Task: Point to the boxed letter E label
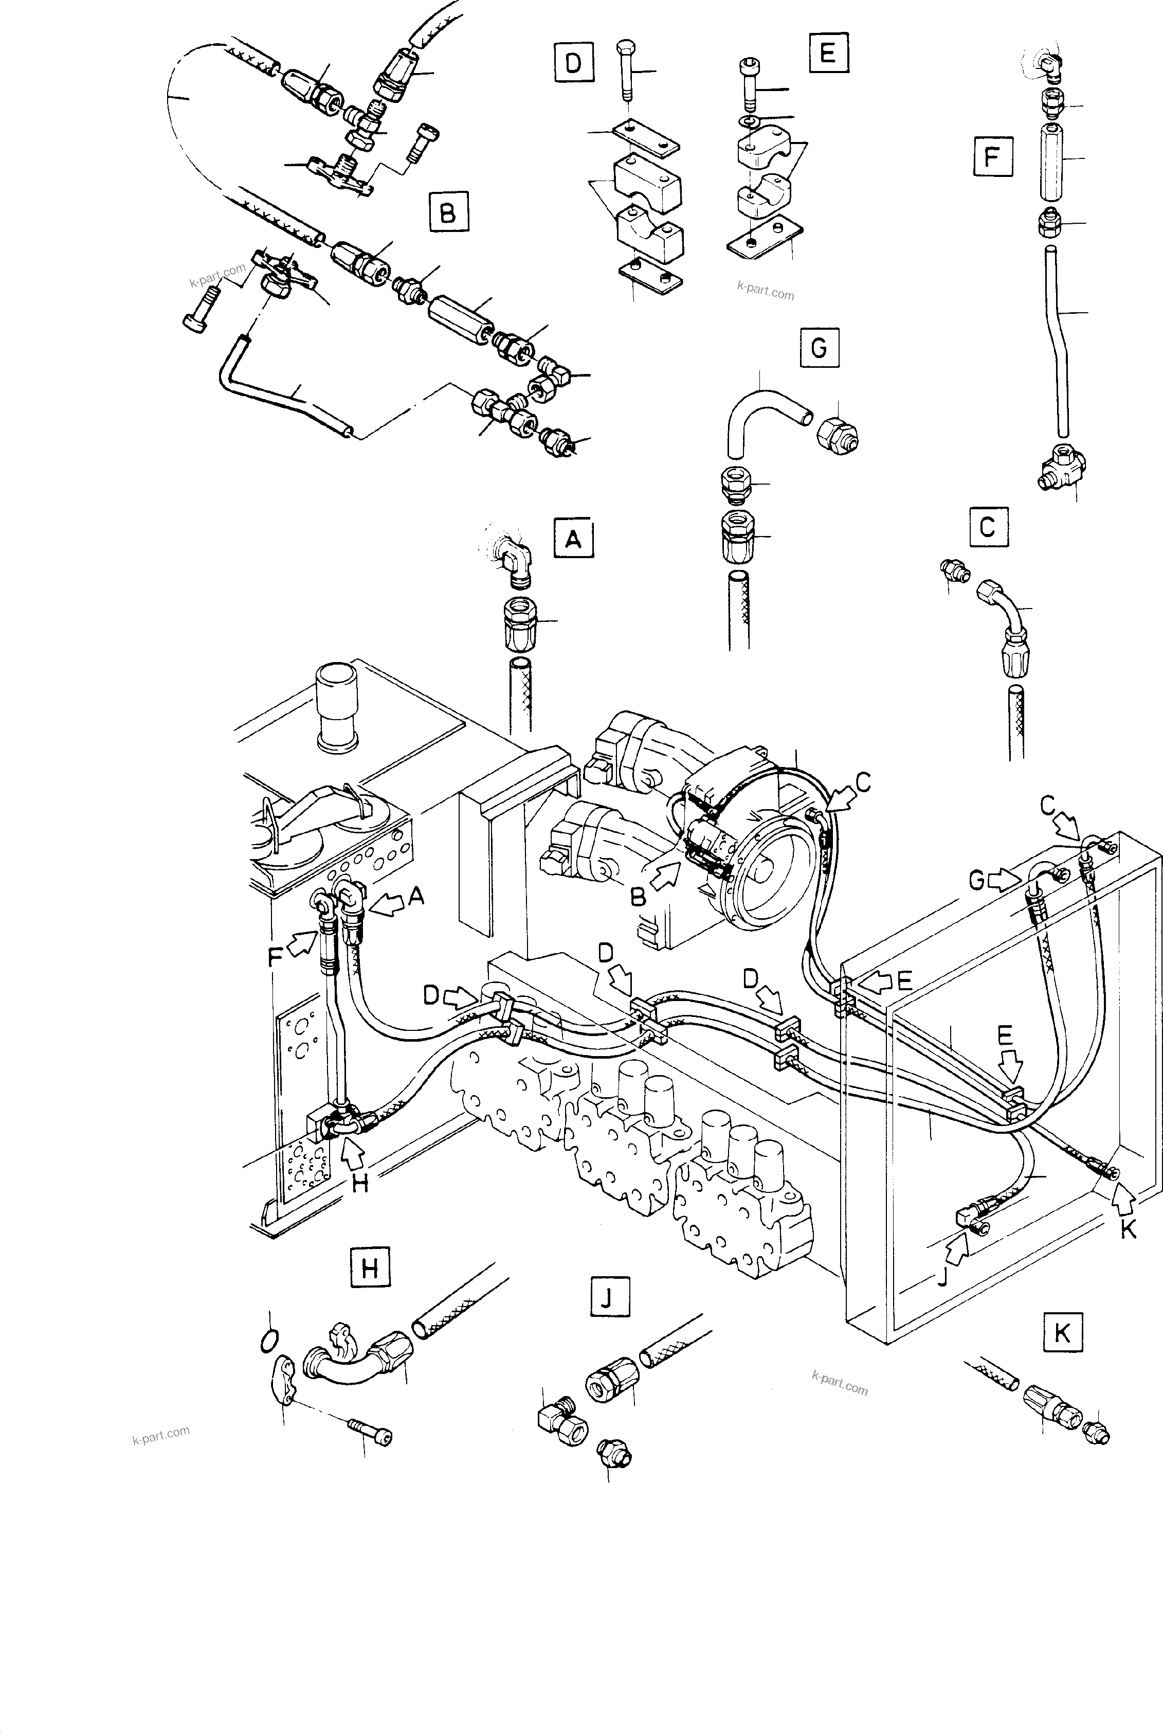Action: coord(828,52)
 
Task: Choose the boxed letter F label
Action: coord(992,157)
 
